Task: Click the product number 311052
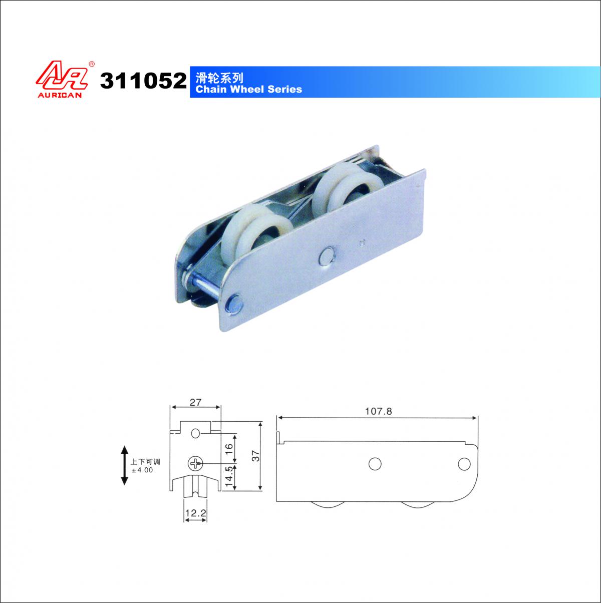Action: click(143, 81)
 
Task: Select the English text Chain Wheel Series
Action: click(248, 89)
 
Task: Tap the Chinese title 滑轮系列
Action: click(219, 78)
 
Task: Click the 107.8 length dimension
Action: click(379, 411)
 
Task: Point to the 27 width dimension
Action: click(196, 402)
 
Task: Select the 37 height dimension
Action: click(256, 456)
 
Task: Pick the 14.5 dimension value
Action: click(229, 477)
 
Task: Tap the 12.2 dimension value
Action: click(196, 513)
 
